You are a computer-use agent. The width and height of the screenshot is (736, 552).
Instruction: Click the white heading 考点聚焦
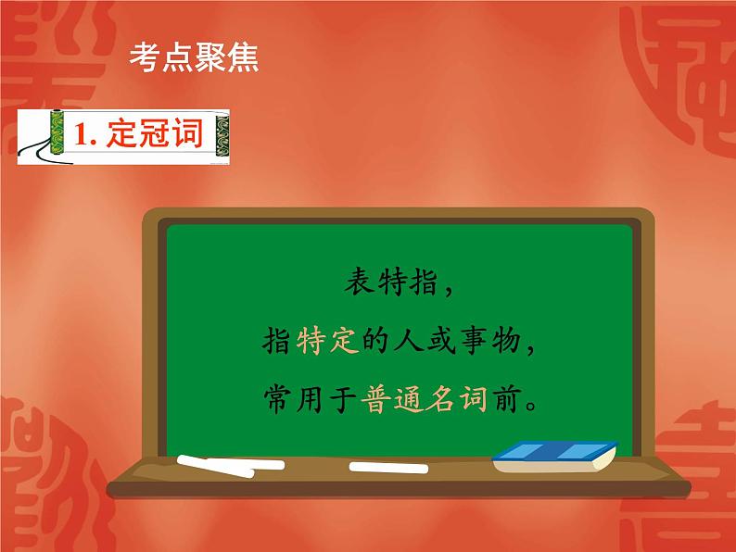click(x=194, y=57)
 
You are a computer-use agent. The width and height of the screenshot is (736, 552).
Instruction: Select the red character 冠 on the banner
click(x=156, y=133)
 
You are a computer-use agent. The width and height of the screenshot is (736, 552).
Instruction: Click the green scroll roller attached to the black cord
click(x=57, y=132)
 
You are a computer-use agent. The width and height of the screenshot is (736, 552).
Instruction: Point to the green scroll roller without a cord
click(x=222, y=136)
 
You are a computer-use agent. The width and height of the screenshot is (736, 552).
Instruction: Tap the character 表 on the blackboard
click(x=359, y=282)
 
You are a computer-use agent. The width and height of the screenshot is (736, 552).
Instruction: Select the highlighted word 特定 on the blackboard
click(x=327, y=340)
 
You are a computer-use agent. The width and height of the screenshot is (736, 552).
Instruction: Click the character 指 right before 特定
click(x=276, y=340)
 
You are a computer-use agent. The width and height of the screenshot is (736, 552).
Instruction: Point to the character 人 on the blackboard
click(x=409, y=340)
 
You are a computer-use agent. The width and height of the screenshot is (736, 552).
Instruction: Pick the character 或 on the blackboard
click(x=440, y=340)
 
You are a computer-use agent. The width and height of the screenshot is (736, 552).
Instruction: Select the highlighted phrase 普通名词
click(x=424, y=399)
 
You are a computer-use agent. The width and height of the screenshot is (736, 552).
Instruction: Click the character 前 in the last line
click(x=505, y=399)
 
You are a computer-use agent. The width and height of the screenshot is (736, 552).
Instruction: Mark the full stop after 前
click(x=531, y=406)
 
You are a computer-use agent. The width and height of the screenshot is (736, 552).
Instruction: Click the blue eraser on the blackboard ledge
click(x=555, y=457)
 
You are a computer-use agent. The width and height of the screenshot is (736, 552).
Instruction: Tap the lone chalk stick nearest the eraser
click(x=388, y=468)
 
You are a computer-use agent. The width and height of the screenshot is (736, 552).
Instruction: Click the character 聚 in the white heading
click(x=210, y=57)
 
